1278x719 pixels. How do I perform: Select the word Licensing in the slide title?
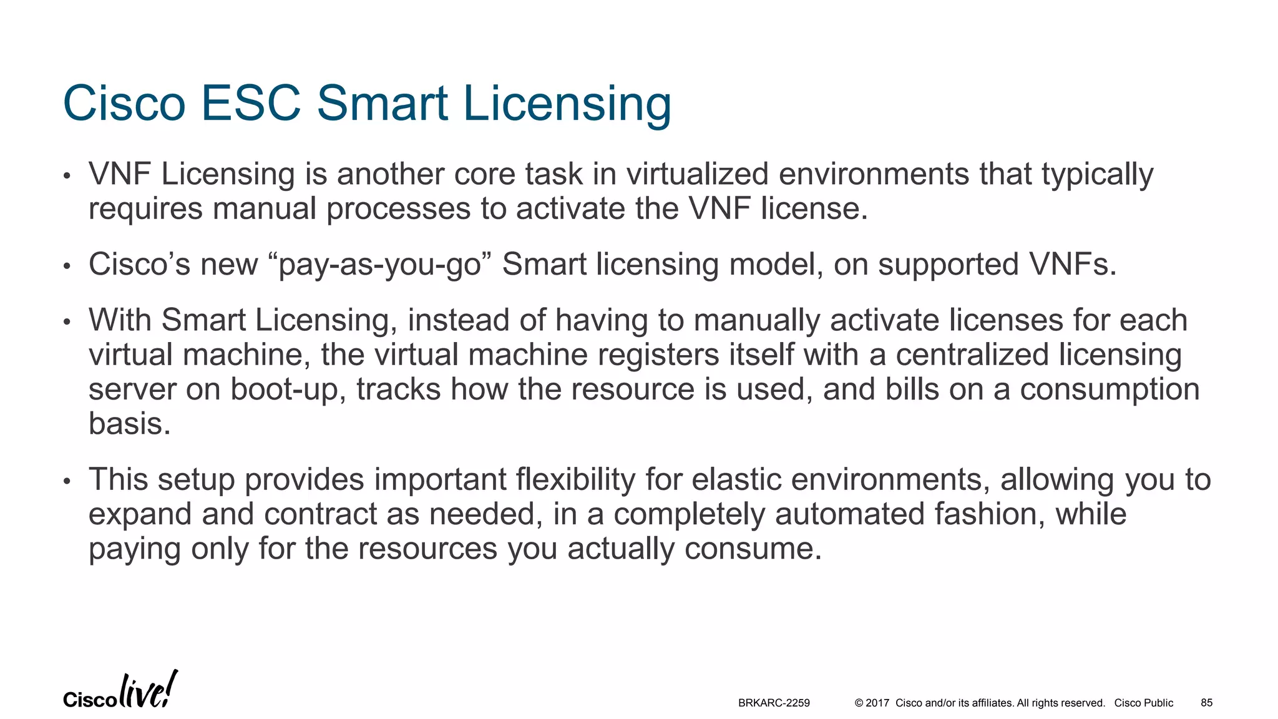pyautogui.click(x=567, y=104)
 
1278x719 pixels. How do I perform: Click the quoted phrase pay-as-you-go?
pyautogui.click(x=381, y=265)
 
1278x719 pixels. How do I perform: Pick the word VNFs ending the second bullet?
pyautogui.click(x=1073, y=264)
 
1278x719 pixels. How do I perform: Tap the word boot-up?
pyautogui.click(x=288, y=390)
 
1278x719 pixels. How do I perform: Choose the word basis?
pyautogui.click(x=129, y=424)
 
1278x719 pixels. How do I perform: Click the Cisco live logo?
pyautogui.click(x=120, y=691)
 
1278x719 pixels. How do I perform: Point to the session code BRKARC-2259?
pyautogui.click(x=774, y=703)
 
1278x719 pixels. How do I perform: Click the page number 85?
pyautogui.click(x=1206, y=703)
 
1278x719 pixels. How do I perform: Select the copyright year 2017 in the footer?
pyautogui.click(x=877, y=703)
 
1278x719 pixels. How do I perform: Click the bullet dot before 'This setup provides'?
pyautogui.click(x=67, y=482)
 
